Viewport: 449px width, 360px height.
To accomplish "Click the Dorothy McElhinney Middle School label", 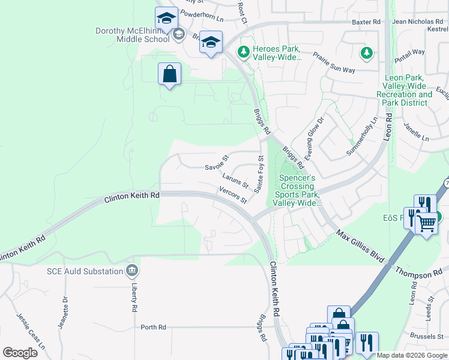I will point(132,35).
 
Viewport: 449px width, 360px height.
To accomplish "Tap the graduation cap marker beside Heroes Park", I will point(211,43).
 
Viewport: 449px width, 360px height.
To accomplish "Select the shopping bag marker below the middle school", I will point(170,75).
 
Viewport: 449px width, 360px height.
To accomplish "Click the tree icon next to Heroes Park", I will point(243,53).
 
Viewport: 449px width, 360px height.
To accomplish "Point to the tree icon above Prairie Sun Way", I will point(366,53).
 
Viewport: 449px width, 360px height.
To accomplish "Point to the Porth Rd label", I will point(153,328).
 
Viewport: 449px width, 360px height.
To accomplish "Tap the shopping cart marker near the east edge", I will point(426,224).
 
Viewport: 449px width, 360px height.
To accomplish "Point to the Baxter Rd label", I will point(367,22).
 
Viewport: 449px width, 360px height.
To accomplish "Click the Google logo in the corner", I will point(20,353).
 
